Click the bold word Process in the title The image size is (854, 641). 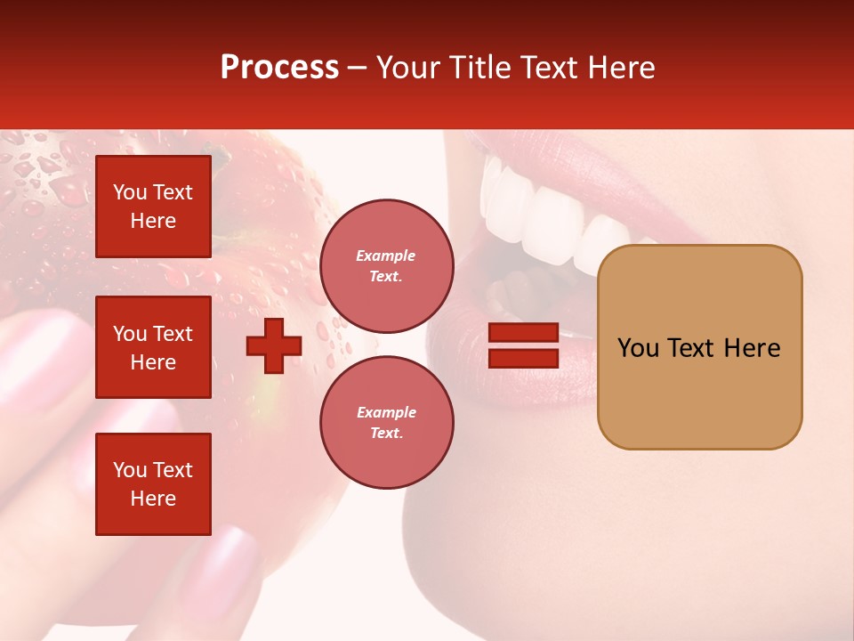tap(279, 68)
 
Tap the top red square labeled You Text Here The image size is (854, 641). tap(153, 207)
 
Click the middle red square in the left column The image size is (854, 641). tap(153, 347)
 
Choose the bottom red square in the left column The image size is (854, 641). tap(153, 483)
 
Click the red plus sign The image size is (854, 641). tap(274, 345)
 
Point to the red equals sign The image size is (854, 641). tap(523, 345)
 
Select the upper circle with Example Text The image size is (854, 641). tap(386, 265)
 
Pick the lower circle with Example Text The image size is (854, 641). tap(386, 422)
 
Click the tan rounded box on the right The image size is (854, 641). tap(699, 346)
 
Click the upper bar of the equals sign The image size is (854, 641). tap(523, 333)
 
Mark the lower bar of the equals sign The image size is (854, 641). tap(523, 358)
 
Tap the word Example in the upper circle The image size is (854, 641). tap(385, 256)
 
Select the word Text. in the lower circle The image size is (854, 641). tap(386, 434)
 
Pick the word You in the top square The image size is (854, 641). tap(130, 192)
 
